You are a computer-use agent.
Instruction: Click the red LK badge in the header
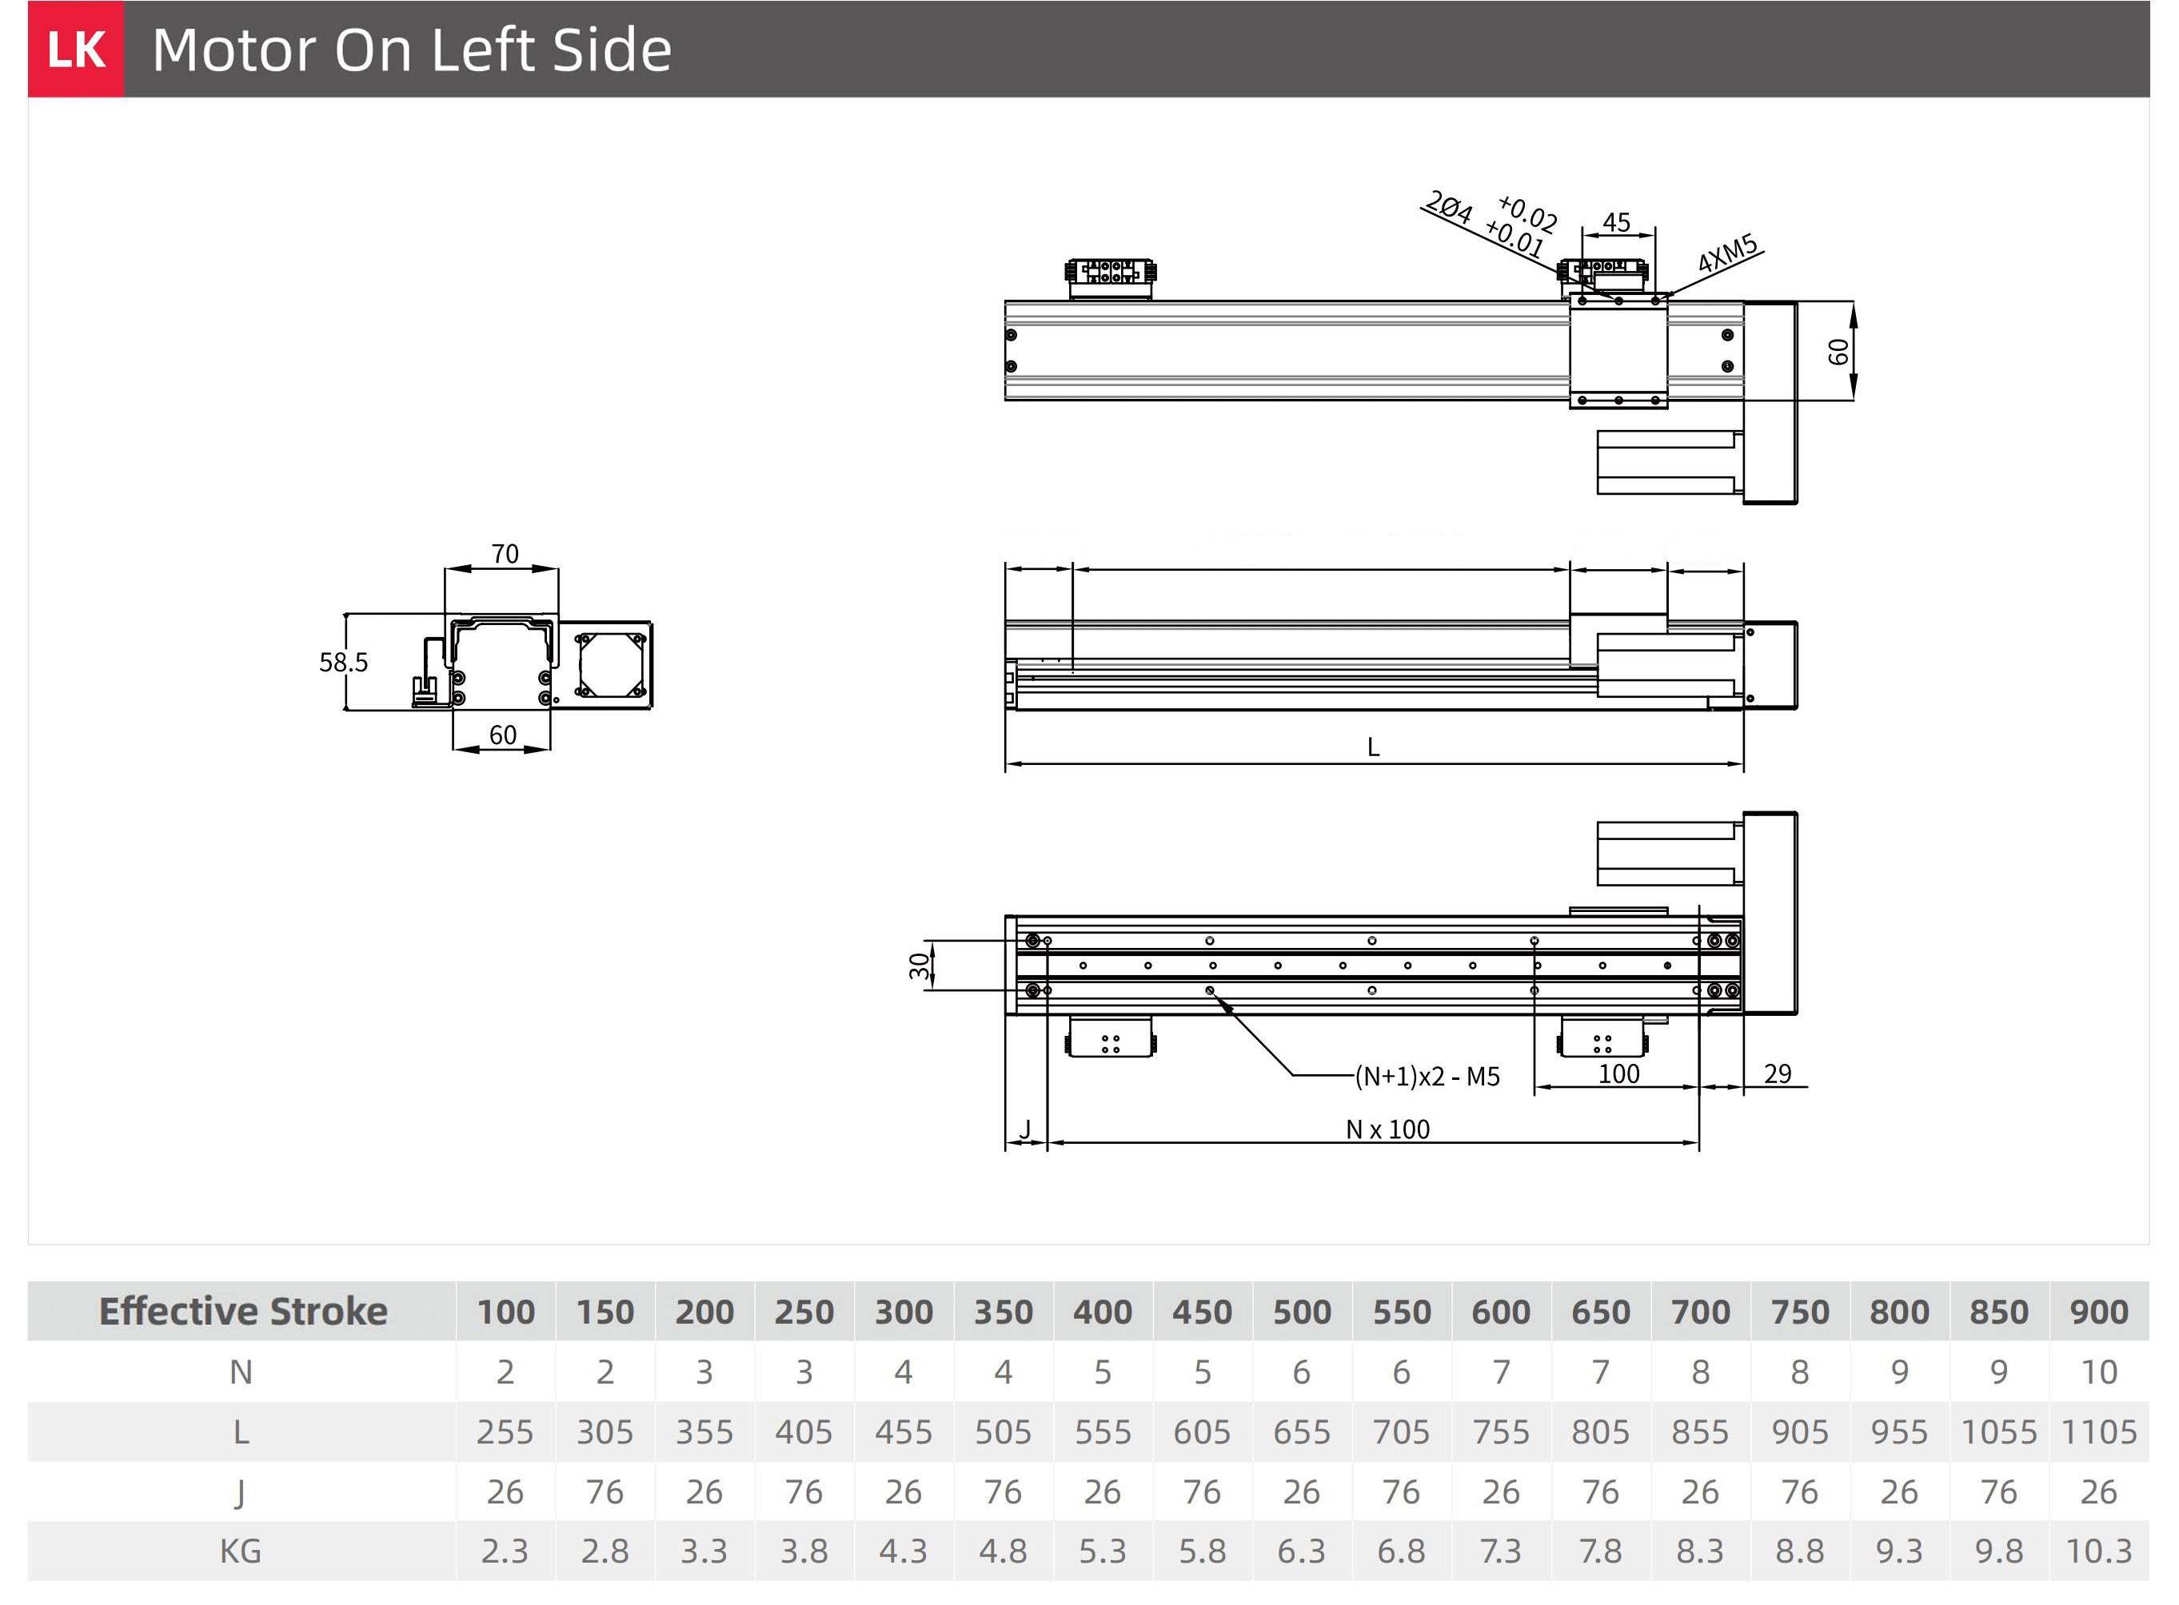(x=76, y=49)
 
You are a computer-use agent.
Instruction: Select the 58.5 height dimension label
(x=343, y=663)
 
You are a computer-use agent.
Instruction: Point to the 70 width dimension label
(x=505, y=554)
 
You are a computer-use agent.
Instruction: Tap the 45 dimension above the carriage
(x=1616, y=222)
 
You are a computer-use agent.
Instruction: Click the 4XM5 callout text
(x=1727, y=253)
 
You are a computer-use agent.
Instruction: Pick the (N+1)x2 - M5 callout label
(x=1427, y=1077)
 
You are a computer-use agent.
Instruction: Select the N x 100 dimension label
(x=1388, y=1129)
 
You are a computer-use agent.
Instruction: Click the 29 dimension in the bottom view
(x=1778, y=1073)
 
